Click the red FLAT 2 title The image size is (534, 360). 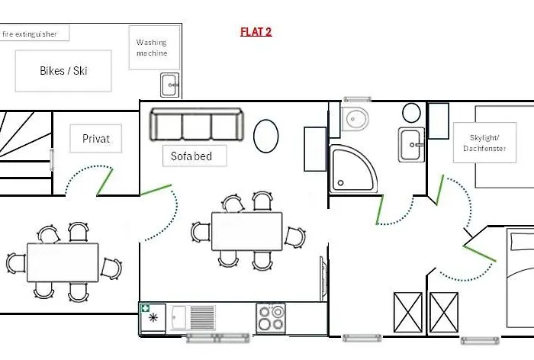pos(256,32)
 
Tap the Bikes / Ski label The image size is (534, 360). pos(63,71)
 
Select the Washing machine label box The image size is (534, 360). pos(154,48)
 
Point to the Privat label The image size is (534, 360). pos(95,139)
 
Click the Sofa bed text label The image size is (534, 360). pos(191,156)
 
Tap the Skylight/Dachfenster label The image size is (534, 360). pos(484,143)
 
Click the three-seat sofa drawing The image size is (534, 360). pos(197,124)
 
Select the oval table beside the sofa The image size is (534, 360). pos(266,136)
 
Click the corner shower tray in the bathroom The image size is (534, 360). pos(352,169)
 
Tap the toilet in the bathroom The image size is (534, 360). pos(354,119)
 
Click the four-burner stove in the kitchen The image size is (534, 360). pos(271,318)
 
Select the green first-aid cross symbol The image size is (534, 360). pos(146,308)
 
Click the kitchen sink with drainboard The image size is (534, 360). pos(193,318)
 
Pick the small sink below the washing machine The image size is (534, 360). pos(169,85)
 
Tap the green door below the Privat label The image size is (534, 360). pos(105,182)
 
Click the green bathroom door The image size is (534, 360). pos(380,210)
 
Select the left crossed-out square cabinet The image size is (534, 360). pos(408,312)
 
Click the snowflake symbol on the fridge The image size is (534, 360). pos(153,318)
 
